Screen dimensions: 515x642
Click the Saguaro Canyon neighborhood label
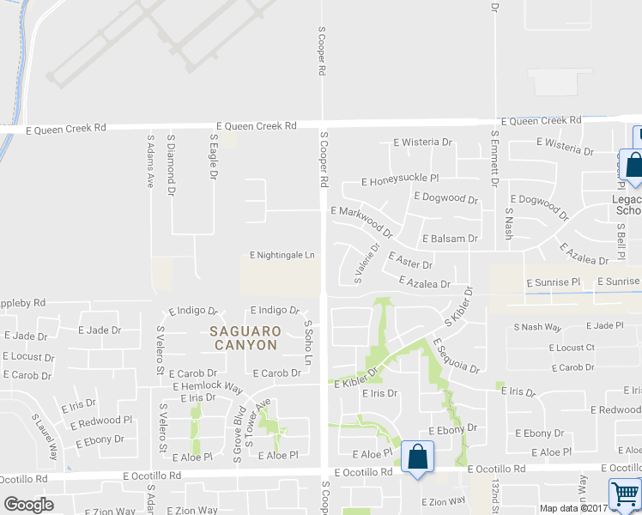pos(245,337)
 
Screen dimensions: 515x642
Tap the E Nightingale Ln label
pos(282,255)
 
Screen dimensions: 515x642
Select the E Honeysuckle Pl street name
pos(400,180)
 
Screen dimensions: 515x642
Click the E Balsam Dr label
pos(449,238)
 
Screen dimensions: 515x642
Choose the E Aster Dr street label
pos(410,261)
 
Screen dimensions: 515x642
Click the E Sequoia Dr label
pos(456,355)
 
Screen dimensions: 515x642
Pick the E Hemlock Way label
pos(207,386)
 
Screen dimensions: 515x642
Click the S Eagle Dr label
pos(214,156)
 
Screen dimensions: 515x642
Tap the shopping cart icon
pos(624,495)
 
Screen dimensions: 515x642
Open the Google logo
pos(28,505)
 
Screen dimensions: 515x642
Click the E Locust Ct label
pos(572,348)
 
